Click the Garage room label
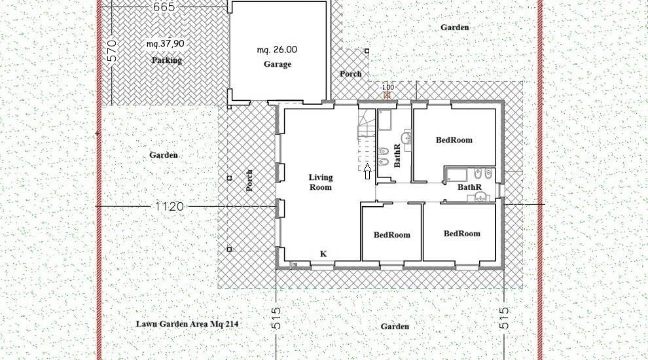278,64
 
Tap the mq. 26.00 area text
277,50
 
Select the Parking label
166,60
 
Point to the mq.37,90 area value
166,44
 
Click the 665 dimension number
164,7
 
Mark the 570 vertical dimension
112,51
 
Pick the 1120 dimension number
170,206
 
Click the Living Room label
321,182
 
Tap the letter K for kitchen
323,254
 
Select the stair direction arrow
367,171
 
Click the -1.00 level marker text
387,88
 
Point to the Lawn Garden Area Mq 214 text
187,324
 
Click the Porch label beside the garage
350,74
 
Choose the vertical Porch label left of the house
249,181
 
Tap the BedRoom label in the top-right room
454,140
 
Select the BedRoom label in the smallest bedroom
392,235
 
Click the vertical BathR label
397,155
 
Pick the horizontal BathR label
469,187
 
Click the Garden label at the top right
455,27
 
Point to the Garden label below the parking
164,155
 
